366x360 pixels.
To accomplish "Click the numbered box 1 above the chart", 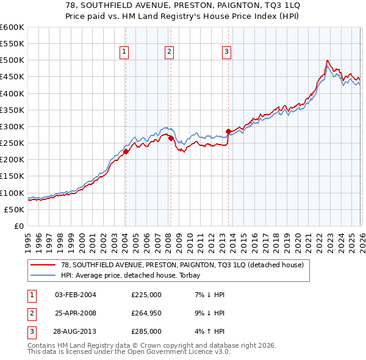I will pos(124,52).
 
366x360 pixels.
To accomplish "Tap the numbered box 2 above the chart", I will pos(168,52).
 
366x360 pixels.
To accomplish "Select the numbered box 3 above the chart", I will pos(226,52).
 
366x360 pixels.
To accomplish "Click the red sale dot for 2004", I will pos(126,151).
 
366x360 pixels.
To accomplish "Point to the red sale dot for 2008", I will pos(171,139).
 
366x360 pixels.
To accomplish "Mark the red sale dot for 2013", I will pos(228,131).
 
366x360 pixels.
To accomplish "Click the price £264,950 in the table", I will pos(146,313).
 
